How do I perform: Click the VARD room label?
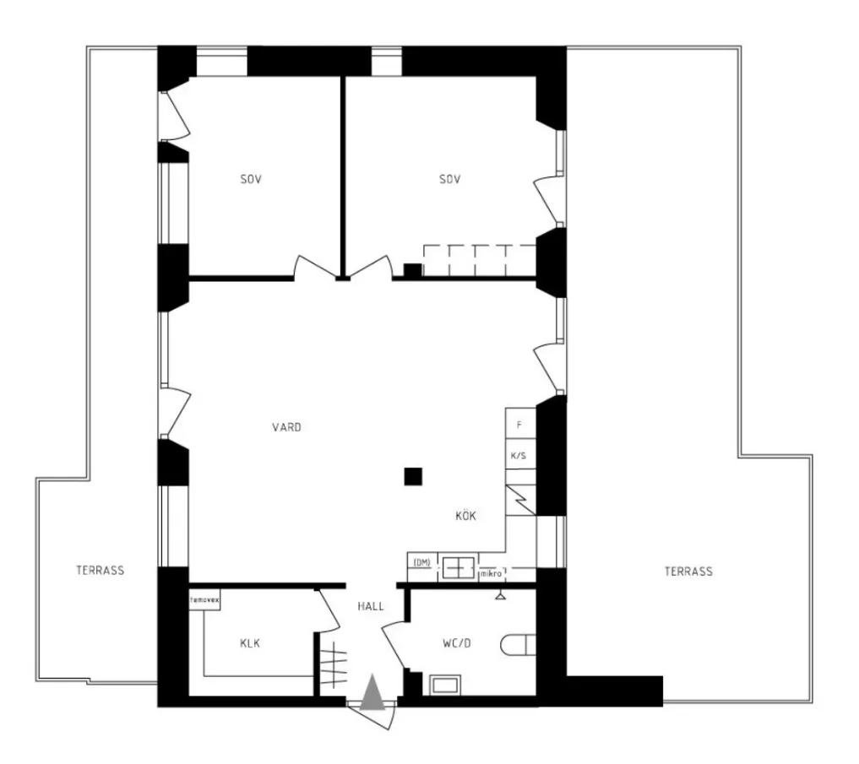[286, 427]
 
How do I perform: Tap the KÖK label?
[465, 515]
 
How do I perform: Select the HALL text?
[371, 606]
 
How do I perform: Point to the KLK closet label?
[250, 643]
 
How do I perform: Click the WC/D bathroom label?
[456, 643]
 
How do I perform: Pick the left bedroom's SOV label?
[251, 179]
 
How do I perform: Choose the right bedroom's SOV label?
[449, 179]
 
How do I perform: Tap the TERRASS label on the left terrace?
[101, 570]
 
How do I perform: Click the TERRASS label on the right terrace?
[688, 572]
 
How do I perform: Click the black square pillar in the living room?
[413, 476]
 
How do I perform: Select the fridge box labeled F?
[520, 423]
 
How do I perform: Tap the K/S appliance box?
[520, 454]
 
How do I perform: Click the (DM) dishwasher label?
[421, 562]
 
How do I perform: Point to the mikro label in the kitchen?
[492, 574]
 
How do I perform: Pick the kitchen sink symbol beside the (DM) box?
[459, 568]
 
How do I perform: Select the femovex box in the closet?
[205, 600]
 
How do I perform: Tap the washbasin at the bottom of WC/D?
[445, 685]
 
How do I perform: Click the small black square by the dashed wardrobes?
[412, 270]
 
